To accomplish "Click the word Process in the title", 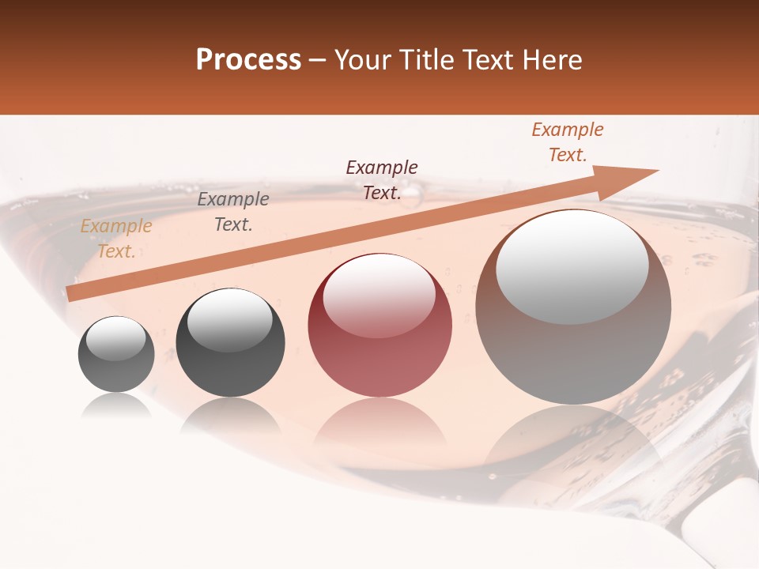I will [x=248, y=60].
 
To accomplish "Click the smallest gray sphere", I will [x=116, y=354].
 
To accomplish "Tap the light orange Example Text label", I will [x=116, y=239].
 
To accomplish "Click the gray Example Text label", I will [x=232, y=212].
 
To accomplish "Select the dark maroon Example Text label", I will [x=382, y=179].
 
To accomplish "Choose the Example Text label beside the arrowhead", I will [x=567, y=142].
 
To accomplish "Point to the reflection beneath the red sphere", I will [x=379, y=422].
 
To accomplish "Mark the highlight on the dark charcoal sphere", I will [x=229, y=320].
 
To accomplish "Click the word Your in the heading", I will [x=363, y=60].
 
